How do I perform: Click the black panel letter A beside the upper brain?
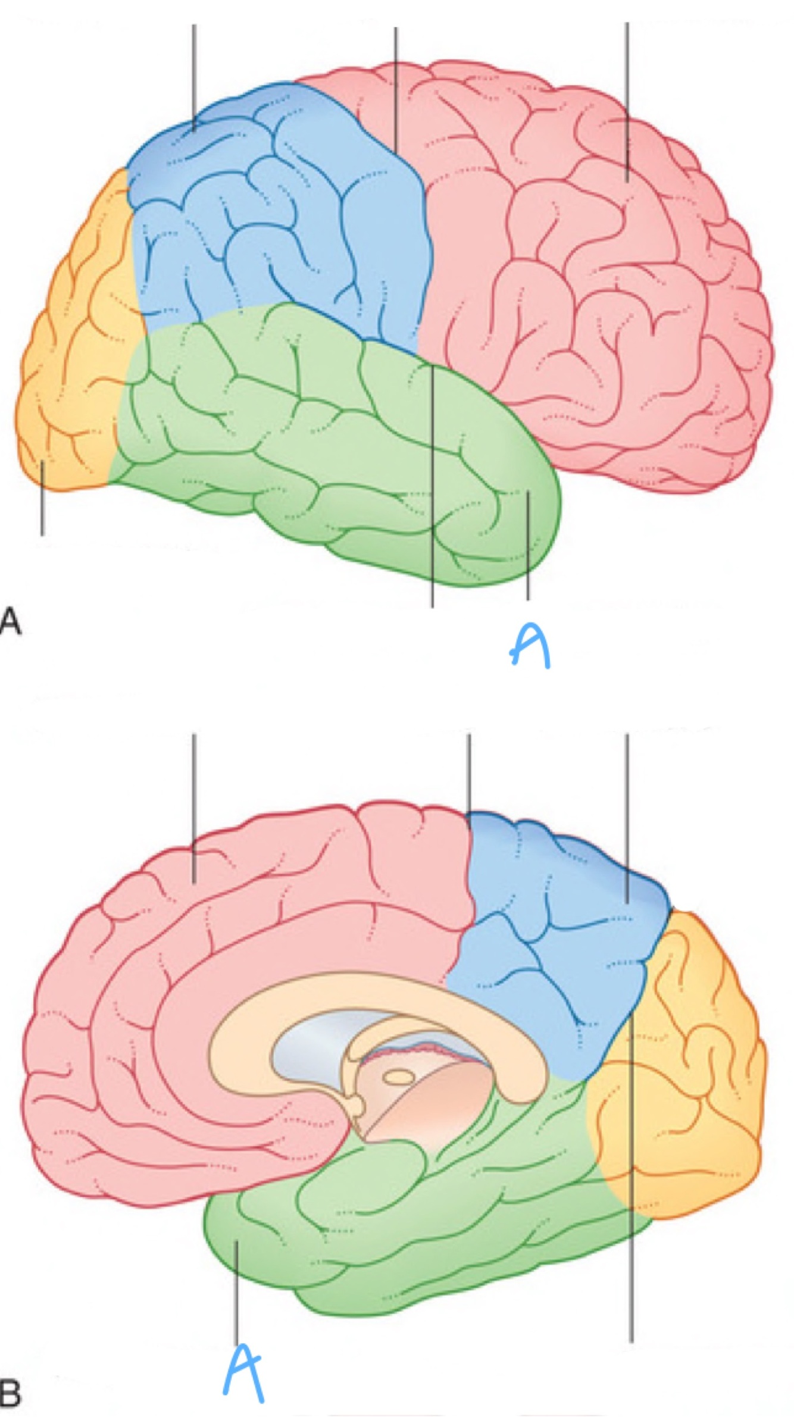click(x=10, y=621)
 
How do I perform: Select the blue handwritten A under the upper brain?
click(x=530, y=646)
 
